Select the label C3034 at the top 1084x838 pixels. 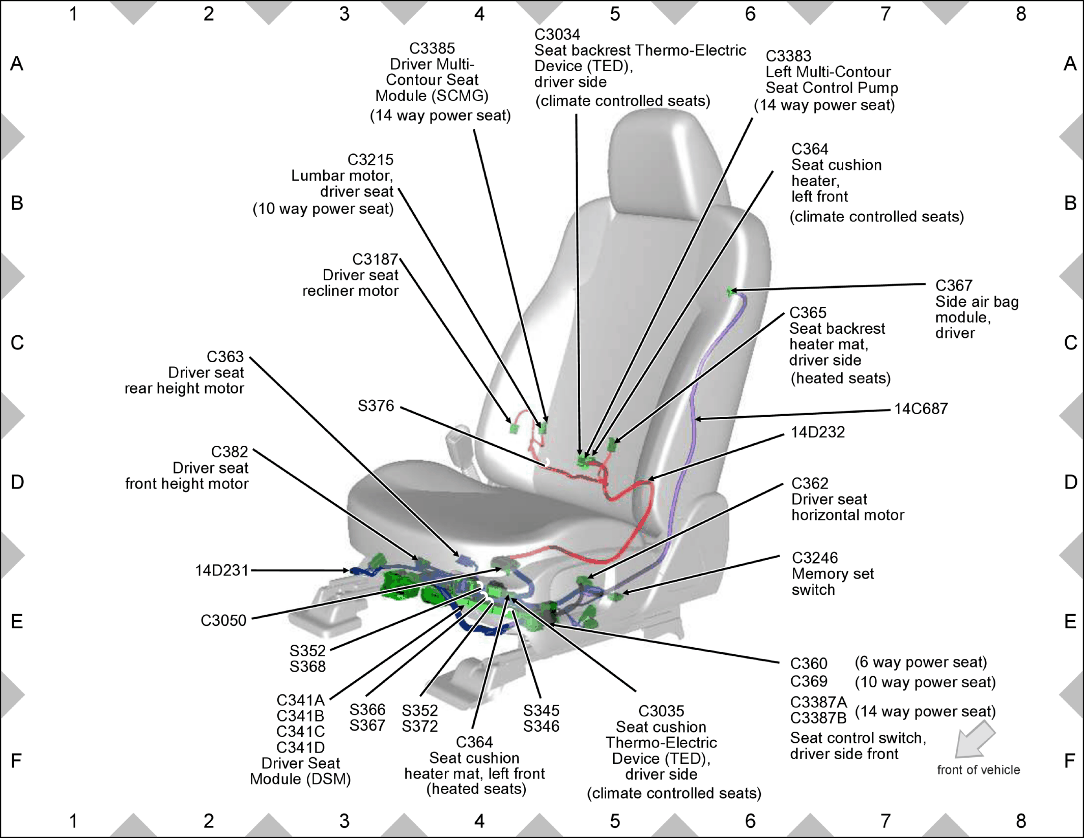click(557, 35)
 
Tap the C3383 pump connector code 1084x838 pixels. click(788, 56)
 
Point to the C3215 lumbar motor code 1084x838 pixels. click(370, 160)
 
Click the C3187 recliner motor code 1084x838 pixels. click(375, 259)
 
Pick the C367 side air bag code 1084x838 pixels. click(954, 285)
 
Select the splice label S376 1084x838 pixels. click(376, 406)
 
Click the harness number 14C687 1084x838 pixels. click(921, 409)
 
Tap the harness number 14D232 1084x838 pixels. click(818, 432)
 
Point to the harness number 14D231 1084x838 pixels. click(222, 570)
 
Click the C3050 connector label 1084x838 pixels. click(223, 620)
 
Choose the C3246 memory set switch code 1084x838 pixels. click(815, 558)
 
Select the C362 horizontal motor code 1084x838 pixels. click(810, 483)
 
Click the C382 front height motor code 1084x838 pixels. click(230, 452)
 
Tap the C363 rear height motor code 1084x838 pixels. click(225, 357)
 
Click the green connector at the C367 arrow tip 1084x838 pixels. click(731, 292)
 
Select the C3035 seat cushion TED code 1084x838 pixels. click(661, 711)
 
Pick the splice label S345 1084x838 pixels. click(541, 710)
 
